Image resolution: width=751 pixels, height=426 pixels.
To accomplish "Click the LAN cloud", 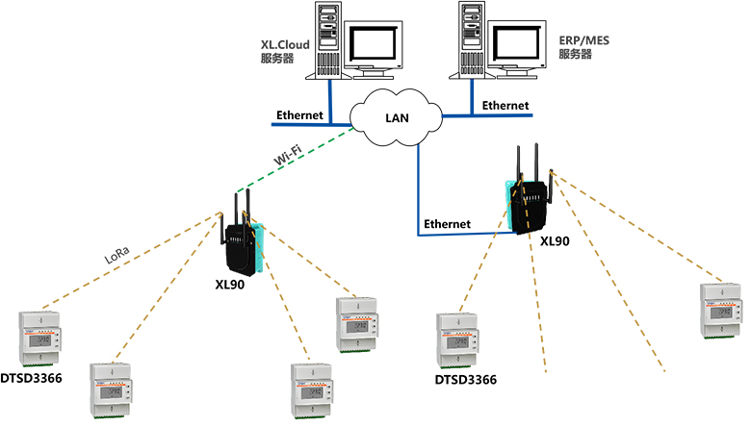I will [x=396, y=117].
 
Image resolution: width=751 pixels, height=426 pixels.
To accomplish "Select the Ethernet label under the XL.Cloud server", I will [x=299, y=115].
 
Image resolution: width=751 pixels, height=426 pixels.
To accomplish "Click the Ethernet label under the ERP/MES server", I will [x=505, y=105].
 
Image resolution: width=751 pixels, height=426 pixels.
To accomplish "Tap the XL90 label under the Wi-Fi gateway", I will [x=230, y=286].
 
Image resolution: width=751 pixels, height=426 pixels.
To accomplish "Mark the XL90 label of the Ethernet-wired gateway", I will [x=557, y=241].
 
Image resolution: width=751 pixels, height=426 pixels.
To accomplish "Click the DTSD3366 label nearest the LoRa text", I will [x=31, y=378].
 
